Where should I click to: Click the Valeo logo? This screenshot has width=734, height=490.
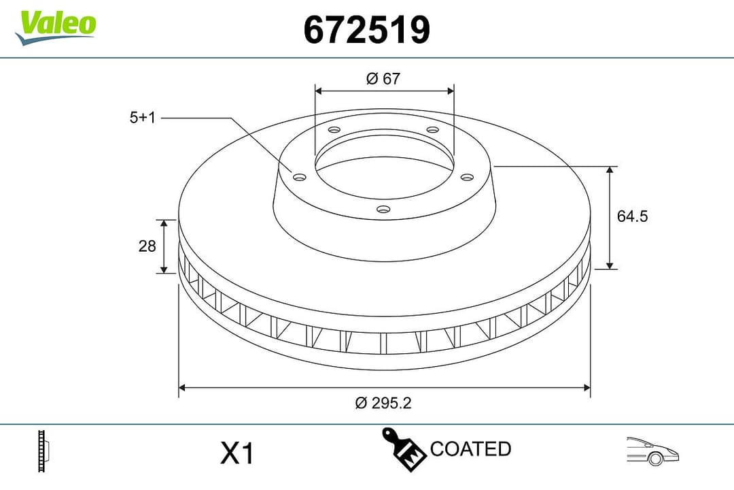57,26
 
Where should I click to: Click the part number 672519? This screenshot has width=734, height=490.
366,30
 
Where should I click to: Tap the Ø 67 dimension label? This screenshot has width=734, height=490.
383,79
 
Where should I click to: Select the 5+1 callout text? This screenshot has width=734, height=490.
143,118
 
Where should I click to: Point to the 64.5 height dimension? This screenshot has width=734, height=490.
632,216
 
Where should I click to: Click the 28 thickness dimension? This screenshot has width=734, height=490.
147,246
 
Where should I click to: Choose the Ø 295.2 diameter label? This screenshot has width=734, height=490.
383,403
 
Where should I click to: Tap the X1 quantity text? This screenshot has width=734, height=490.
237,453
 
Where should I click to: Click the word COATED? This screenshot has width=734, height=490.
470,449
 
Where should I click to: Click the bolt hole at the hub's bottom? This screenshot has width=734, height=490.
383,210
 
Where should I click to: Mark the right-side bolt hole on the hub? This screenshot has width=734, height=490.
466,178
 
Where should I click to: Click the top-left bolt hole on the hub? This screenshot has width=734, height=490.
333,130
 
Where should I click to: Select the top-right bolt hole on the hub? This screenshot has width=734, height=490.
432,130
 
